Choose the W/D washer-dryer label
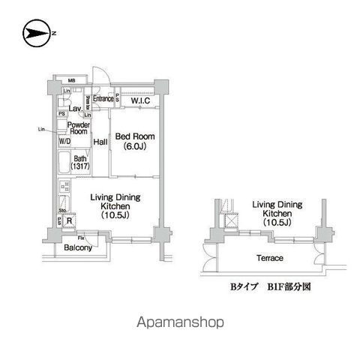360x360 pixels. click(x=66, y=140)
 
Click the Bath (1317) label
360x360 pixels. click(x=80, y=161)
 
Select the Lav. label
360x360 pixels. click(x=75, y=108)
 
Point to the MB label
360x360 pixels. click(x=72, y=80)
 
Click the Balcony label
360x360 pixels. click(x=77, y=247)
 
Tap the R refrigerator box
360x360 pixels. click(x=69, y=220)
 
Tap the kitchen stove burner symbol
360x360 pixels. click(x=63, y=186)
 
